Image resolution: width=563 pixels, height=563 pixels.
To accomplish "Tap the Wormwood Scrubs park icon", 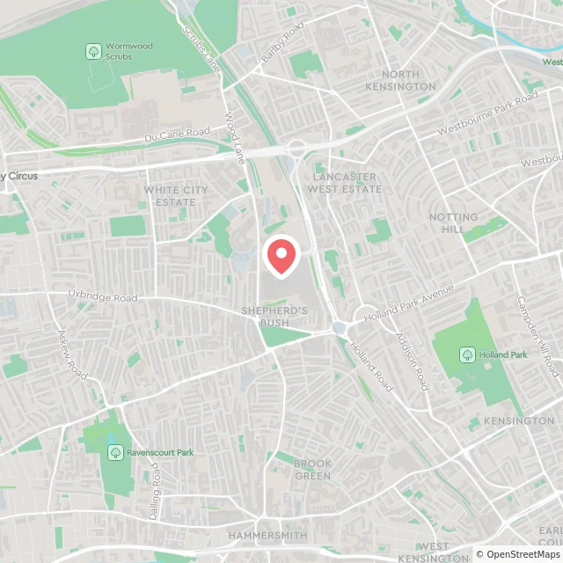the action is pyautogui.click(x=92, y=52).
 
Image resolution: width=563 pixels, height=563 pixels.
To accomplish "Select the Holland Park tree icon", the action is pyautogui.click(x=466, y=355).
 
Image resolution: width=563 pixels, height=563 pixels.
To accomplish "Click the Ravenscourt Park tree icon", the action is pyautogui.click(x=114, y=452).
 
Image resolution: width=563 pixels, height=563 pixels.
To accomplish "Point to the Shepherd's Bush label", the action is pyautogui.click(x=275, y=317).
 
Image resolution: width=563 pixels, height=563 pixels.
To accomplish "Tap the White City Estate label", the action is pyautogui.click(x=176, y=196).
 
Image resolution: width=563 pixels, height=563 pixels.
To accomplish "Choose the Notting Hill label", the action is pyautogui.click(x=454, y=223).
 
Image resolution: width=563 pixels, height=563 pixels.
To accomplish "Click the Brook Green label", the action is pyautogui.click(x=312, y=470).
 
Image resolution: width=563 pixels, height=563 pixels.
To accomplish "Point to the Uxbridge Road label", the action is pyautogui.click(x=105, y=297).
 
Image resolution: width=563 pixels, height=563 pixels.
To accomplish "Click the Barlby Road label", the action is pyautogui.click(x=281, y=50).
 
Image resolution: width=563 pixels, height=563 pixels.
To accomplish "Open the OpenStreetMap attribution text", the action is pyautogui.click(x=519, y=554).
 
